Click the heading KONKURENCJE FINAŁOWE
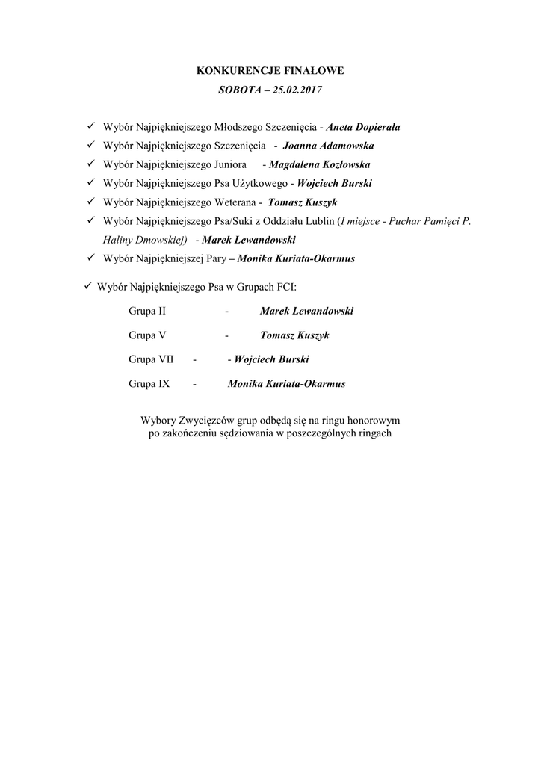tap(270, 72)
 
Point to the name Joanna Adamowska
tap(329, 146)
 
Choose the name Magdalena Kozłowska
tap(320, 164)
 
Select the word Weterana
tap(236, 202)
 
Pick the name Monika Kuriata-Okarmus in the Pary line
tap(296, 258)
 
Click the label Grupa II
tap(142, 311)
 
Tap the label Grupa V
tap(141, 335)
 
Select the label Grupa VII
tap(145, 359)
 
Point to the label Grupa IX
tap(143, 384)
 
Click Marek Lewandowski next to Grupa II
tap(306, 311)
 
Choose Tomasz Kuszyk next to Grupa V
tap(294, 335)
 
